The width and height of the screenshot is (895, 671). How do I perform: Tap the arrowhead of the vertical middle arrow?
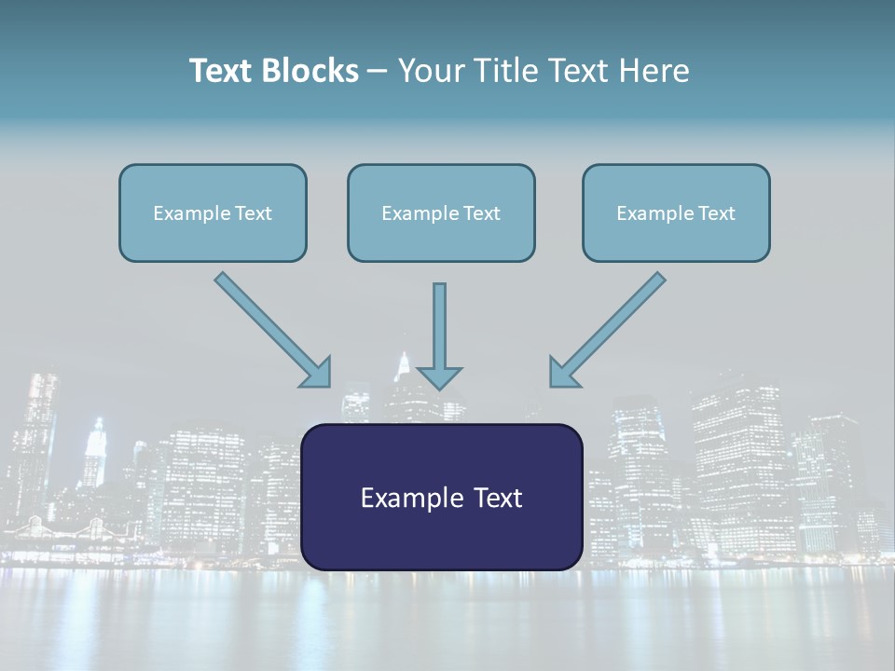click(439, 377)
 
